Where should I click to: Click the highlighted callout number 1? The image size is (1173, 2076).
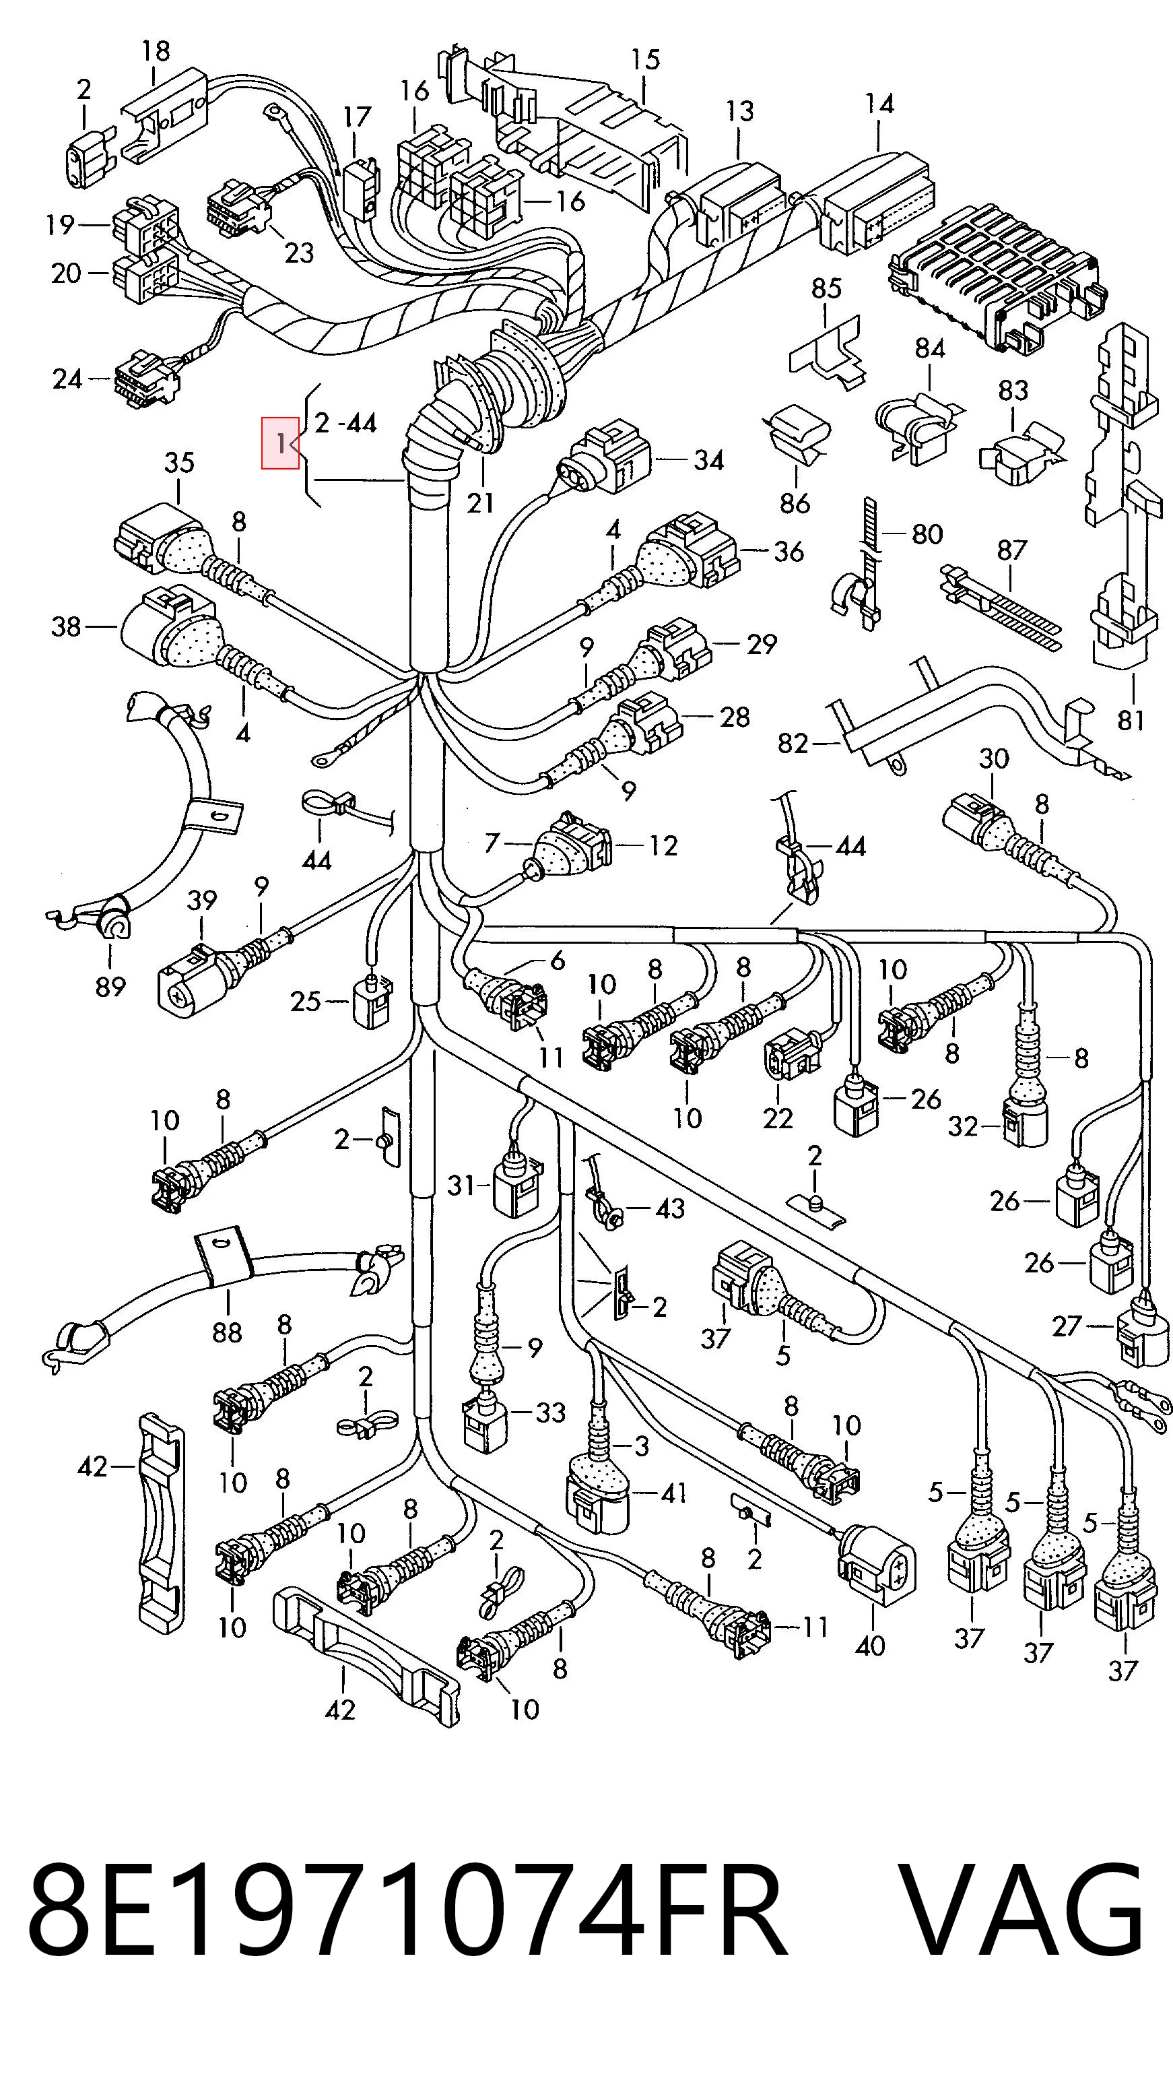[280, 443]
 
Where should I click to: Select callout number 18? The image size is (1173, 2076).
[156, 52]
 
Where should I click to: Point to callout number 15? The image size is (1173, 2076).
[645, 60]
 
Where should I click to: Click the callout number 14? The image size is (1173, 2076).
[879, 104]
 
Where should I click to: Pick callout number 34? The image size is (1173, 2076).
[709, 460]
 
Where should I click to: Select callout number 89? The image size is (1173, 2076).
[110, 985]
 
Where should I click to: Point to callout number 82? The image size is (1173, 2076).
[793, 742]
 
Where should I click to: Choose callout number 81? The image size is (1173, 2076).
[1131, 719]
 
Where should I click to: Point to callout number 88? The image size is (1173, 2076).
[227, 1332]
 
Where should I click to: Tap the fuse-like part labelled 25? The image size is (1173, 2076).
[370, 1002]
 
